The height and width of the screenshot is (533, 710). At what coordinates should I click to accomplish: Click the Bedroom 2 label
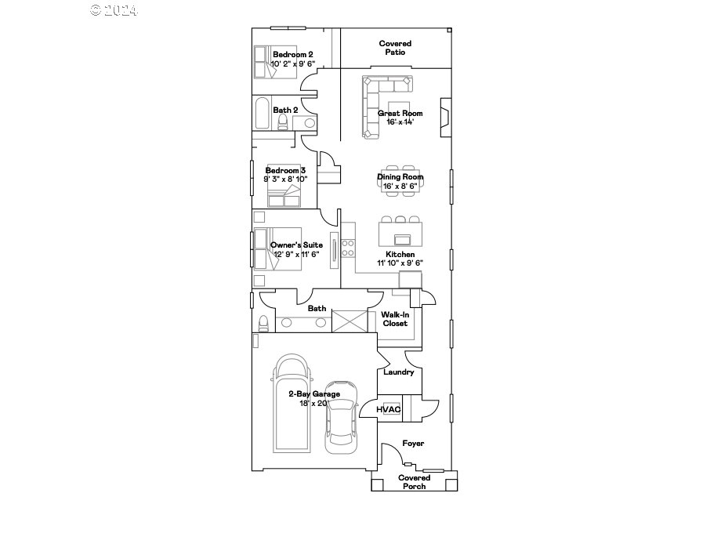pyautogui.click(x=292, y=54)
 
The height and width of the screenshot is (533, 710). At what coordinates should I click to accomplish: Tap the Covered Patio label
pyautogui.click(x=395, y=48)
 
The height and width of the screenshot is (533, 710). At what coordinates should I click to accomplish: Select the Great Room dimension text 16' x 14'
pyautogui.click(x=400, y=122)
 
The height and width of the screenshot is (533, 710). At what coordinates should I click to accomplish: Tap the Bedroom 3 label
pyautogui.click(x=285, y=170)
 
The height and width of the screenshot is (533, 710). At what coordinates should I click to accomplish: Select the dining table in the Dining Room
pyautogui.click(x=400, y=177)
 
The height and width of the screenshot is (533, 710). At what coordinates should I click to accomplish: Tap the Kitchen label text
pyautogui.click(x=400, y=255)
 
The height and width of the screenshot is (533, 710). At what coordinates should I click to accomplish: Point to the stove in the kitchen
pyautogui.click(x=347, y=249)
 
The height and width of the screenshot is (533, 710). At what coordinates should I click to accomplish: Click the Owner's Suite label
pyautogui.click(x=296, y=245)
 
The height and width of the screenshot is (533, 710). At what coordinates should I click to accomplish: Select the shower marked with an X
pyautogui.click(x=350, y=321)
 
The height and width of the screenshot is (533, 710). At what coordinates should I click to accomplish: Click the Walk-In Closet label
pyautogui.click(x=395, y=319)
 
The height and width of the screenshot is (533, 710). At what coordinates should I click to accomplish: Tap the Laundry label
pyautogui.click(x=398, y=372)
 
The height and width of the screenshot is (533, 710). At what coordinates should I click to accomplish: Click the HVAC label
pyautogui.click(x=389, y=409)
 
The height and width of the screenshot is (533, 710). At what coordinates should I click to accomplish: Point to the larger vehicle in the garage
pyautogui.click(x=292, y=404)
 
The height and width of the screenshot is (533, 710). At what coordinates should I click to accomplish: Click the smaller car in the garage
pyautogui.click(x=342, y=415)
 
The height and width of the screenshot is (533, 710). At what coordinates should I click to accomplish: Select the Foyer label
pyautogui.click(x=413, y=444)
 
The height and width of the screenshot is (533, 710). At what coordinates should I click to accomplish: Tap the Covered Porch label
pyautogui.click(x=414, y=482)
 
